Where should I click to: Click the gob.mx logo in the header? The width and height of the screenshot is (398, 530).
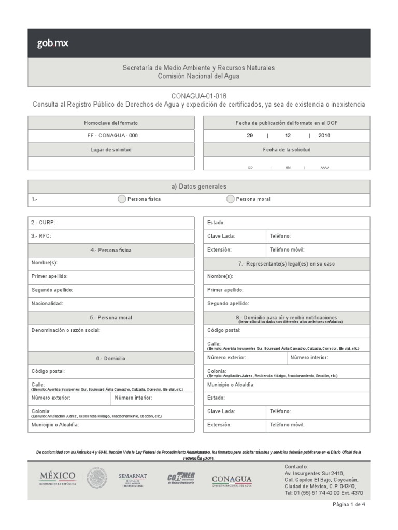coord(52,43)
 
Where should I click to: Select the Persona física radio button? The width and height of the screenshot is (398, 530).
coord(121,199)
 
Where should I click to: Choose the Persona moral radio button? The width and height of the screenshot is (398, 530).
coord(230,199)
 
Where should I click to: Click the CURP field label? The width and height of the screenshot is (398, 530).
coord(43,223)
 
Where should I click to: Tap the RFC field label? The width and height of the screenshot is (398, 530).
coord(41,236)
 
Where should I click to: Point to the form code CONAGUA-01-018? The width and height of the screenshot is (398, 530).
coord(198,96)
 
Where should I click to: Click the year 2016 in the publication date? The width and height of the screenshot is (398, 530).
coord(324,136)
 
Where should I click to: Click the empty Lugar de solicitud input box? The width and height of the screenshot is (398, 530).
coord(111,163)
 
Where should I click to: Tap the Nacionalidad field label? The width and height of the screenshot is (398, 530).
coord(47,304)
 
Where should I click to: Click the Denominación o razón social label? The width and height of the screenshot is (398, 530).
coord(65,330)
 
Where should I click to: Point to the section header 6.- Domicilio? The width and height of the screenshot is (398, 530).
coord(111,358)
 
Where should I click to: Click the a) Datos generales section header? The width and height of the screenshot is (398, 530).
coord(198,186)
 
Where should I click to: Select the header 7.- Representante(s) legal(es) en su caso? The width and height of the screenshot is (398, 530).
coord(286,263)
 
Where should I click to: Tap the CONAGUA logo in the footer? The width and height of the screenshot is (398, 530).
coord(232,480)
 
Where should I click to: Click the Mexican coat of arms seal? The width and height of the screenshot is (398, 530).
coord(97,479)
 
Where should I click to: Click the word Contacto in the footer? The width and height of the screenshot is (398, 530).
coord(296,466)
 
